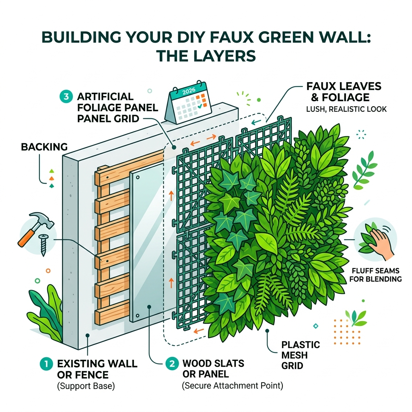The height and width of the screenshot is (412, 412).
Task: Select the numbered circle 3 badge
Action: tap(65, 97)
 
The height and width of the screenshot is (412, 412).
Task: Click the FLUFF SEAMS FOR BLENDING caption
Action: tap(376, 274)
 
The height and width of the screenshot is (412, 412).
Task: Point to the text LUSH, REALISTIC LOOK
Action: tap(346, 109)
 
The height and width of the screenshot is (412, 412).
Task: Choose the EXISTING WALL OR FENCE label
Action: tap(97, 369)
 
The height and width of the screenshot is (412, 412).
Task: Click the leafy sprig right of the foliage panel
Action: tap(364, 173)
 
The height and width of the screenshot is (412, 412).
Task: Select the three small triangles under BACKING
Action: tap(51, 178)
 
